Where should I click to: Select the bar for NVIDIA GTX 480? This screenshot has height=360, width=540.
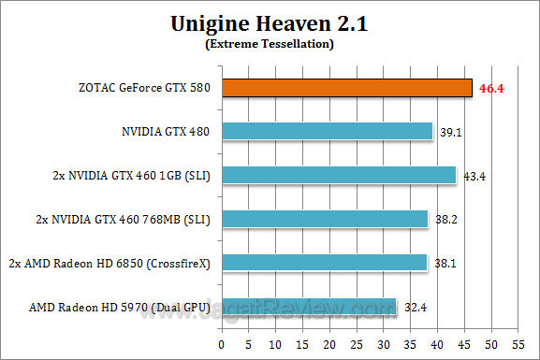point(328,132)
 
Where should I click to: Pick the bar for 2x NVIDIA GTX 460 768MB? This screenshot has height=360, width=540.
point(326,219)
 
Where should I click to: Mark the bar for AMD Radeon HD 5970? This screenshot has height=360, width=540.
point(308,306)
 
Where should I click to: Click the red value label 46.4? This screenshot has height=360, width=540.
point(492,88)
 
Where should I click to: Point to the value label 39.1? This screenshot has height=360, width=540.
point(450,132)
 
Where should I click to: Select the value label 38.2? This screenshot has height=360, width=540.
point(445,219)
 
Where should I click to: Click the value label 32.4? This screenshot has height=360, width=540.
point(415,306)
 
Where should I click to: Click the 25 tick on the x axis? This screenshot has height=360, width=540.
point(357,343)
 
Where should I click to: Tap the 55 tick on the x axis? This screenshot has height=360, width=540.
point(515,343)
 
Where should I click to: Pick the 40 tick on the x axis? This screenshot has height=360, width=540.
point(436,343)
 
